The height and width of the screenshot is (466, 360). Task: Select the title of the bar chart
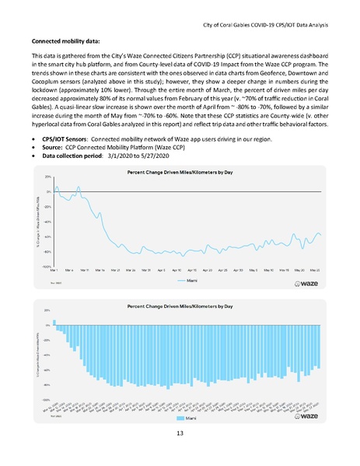click(x=180, y=303)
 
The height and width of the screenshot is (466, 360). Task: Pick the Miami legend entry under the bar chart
click(x=183, y=417)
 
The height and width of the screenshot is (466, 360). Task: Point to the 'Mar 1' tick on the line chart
click(x=54, y=270)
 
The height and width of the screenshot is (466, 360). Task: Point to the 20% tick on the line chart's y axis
click(x=47, y=177)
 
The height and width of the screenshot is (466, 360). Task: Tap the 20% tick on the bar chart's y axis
click(x=47, y=310)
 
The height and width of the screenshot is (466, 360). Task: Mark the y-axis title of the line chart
click(x=37, y=222)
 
